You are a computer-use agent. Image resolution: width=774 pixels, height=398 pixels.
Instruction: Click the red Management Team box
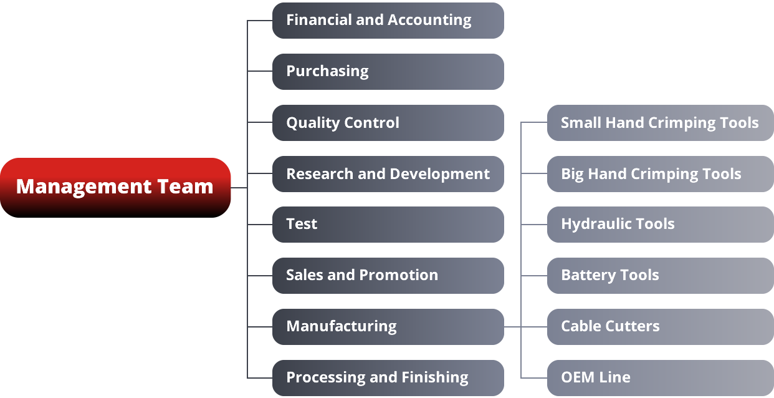[115, 187]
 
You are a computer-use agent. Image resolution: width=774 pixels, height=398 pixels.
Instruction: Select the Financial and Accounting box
[388, 21]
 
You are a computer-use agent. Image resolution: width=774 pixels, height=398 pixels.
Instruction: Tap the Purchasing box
[388, 72]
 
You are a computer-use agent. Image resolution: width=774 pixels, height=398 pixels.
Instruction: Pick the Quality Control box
[388, 123]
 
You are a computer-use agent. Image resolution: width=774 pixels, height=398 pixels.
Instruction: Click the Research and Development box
[388, 174]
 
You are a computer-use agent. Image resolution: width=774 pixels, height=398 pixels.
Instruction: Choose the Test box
[388, 225]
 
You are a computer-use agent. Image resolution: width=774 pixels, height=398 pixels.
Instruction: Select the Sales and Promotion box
[388, 276]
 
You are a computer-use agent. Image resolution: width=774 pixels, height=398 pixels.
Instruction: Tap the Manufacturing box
[388, 327]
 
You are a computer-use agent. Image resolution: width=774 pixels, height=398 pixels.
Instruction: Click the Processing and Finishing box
[388, 378]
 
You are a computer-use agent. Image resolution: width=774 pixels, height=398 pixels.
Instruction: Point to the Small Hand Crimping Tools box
[660, 123]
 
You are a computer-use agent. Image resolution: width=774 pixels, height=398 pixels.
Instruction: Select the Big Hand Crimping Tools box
[660, 174]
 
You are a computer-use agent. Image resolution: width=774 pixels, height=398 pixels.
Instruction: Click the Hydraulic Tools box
[660, 225]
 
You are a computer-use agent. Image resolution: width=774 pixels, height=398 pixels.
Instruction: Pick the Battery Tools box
[660, 276]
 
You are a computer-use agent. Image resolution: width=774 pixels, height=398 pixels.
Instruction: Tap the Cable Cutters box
[660, 327]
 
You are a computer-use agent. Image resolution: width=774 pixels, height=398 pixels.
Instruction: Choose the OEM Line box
[660, 378]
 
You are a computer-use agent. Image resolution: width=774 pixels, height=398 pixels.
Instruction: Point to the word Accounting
[429, 21]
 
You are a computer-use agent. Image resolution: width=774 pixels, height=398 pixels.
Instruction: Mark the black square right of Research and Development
[512, 175]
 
